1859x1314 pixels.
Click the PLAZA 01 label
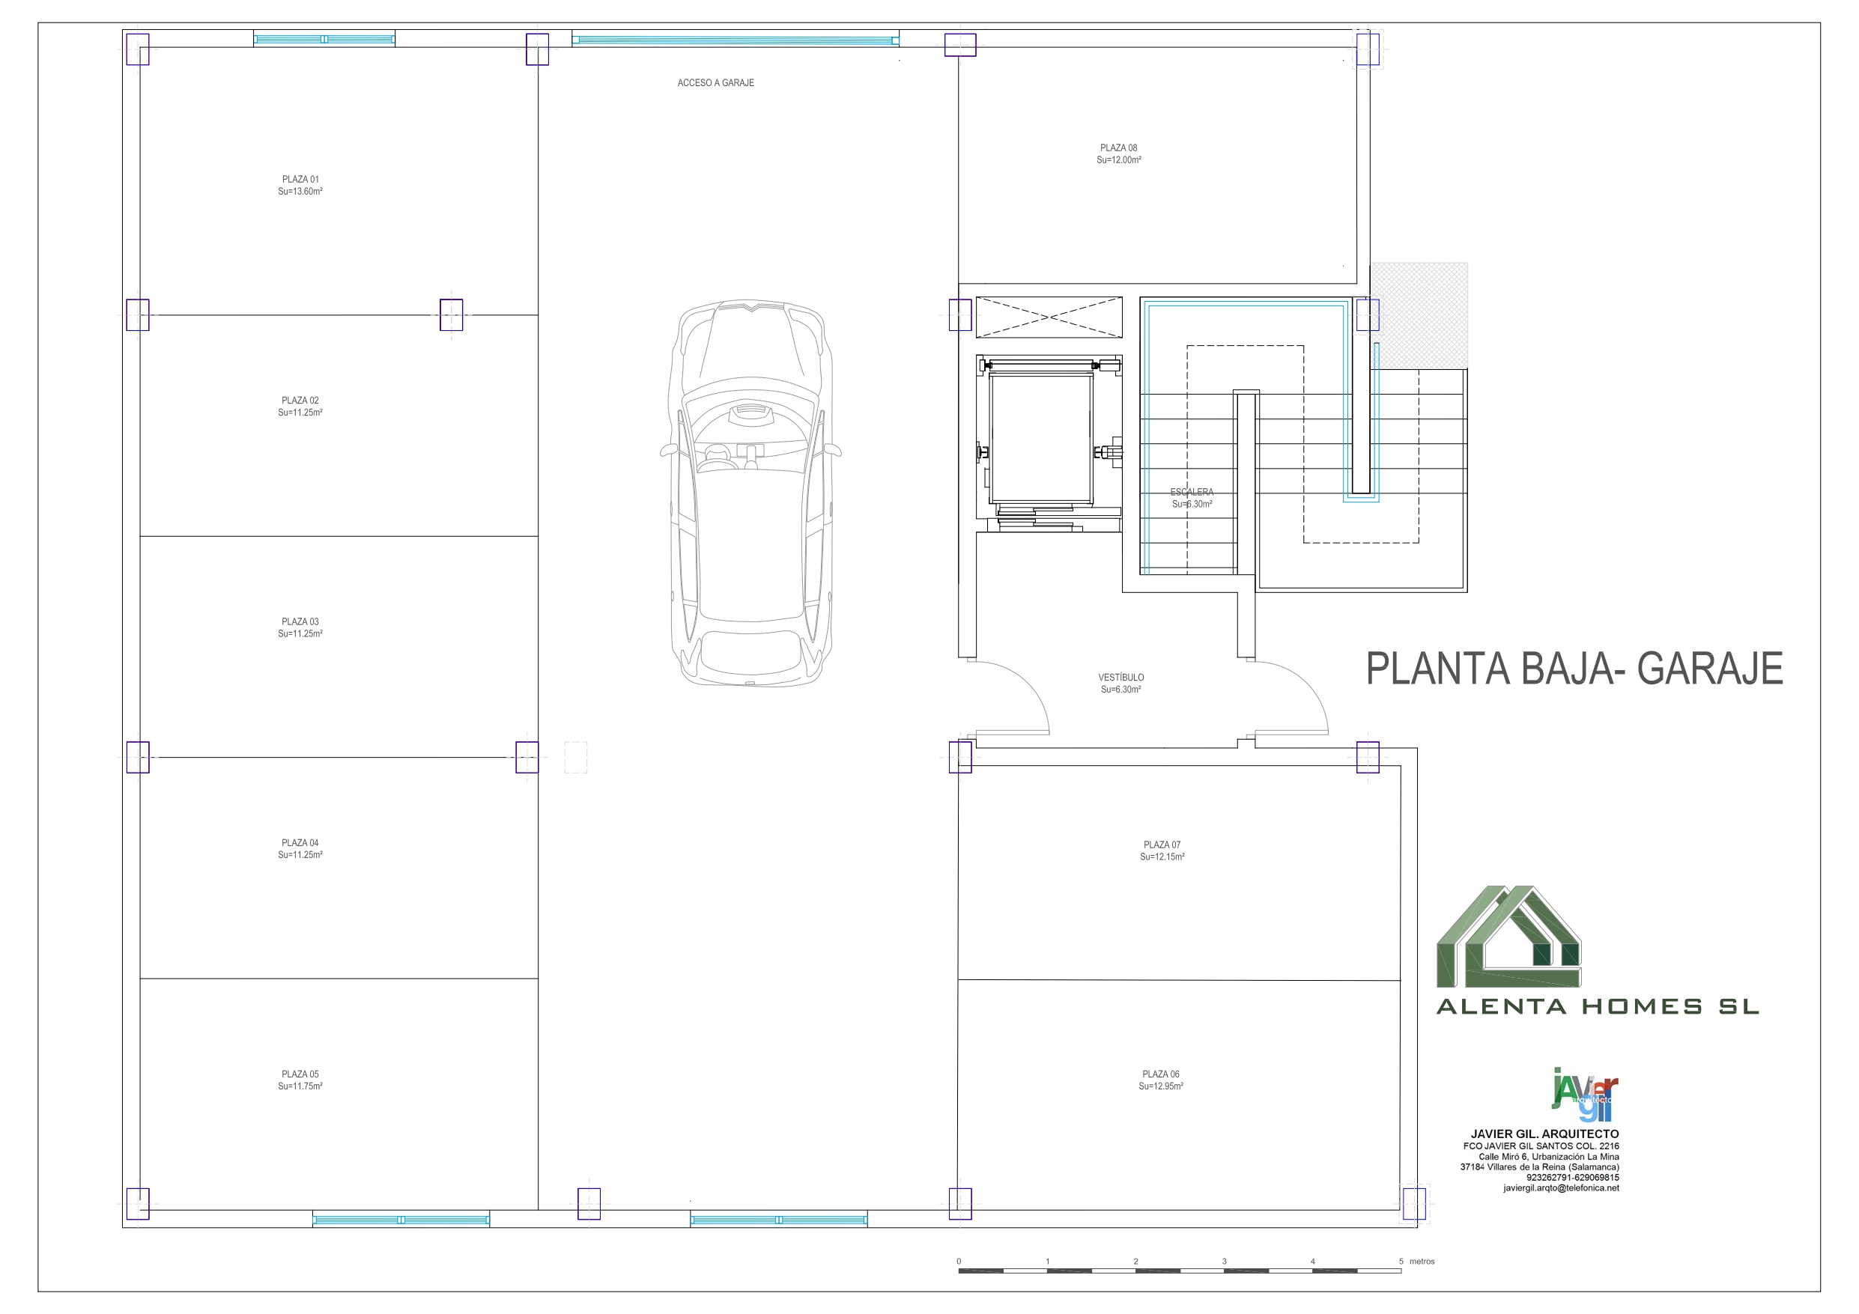[x=300, y=180]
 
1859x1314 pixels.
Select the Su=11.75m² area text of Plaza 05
[x=300, y=1086]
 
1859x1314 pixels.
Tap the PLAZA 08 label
[x=1119, y=148]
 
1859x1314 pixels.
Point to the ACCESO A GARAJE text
[x=716, y=82]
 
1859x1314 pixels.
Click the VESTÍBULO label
[x=1121, y=677]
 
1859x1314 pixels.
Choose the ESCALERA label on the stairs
[x=1192, y=492]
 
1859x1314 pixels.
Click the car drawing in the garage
[x=750, y=493]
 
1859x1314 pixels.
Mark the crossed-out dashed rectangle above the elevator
[x=1049, y=317]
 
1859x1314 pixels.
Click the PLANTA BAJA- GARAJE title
[x=1574, y=669]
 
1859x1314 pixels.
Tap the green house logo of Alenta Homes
[x=1508, y=937]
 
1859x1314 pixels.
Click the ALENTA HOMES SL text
[x=1598, y=1007]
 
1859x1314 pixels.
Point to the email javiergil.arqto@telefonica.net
[x=1561, y=1188]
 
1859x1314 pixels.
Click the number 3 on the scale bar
[x=1224, y=1262]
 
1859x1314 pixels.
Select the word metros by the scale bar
[x=1422, y=1262]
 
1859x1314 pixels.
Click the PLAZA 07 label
[x=1162, y=845]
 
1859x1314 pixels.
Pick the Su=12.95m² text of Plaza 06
[x=1161, y=1086]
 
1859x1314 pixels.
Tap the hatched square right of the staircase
[x=1419, y=316]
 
